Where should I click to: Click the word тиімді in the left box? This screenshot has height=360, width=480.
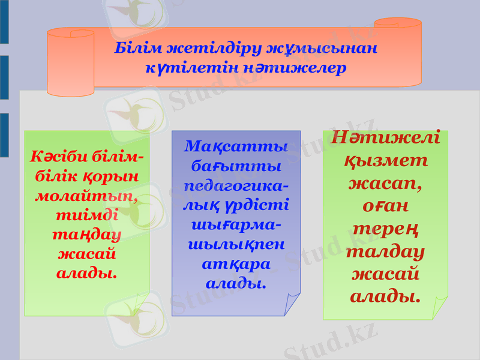point(86,214)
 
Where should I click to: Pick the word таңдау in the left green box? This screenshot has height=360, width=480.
point(86,233)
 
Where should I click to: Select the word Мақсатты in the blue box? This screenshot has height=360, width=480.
point(236,146)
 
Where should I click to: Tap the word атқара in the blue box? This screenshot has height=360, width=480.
point(236,263)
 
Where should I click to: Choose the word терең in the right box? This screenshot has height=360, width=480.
point(386,229)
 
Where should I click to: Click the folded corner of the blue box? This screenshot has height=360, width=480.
point(292,303)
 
